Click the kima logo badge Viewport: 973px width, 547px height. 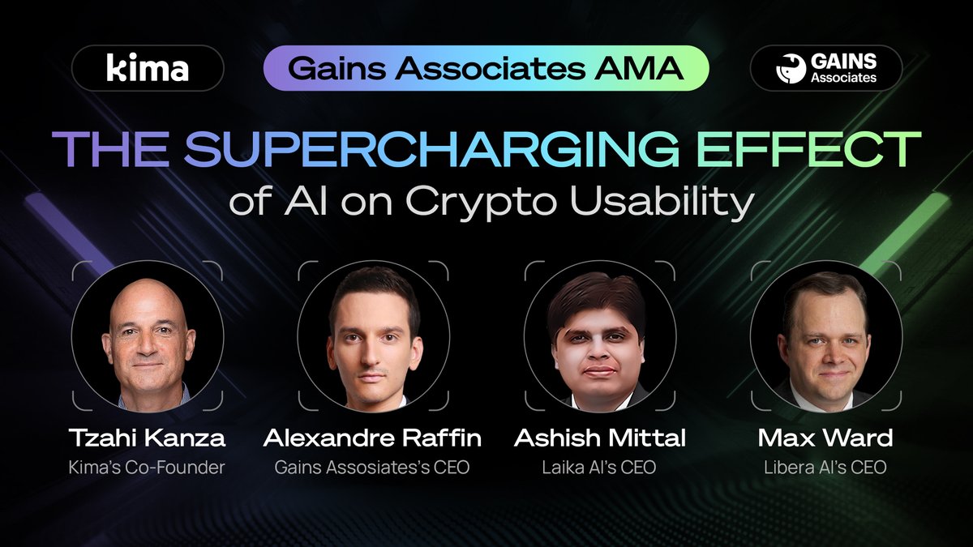pyautogui.click(x=148, y=68)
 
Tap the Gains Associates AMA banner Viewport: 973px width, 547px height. pyautogui.click(x=486, y=68)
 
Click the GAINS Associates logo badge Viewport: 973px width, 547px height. pyautogui.click(x=825, y=68)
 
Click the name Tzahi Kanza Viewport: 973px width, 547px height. pyautogui.click(x=148, y=438)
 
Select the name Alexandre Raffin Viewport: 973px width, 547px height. pyautogui.click(x=373, y=438)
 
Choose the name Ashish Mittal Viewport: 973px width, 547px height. pyautogui.click(x=600, y=438)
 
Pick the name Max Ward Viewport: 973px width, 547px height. pyautogui.click(x=825, y=438)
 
